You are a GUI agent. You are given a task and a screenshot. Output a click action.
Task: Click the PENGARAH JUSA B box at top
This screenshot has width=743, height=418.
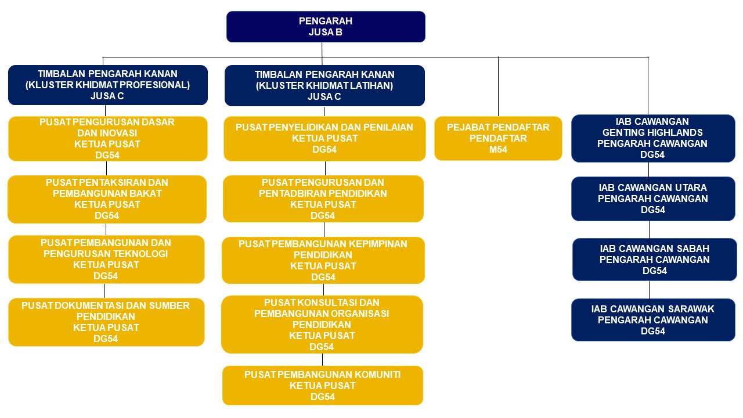pyautogui.click(x=326, y=27)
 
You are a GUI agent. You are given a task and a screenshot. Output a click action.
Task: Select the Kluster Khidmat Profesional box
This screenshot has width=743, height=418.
pyautogui.click(x=108, y=85)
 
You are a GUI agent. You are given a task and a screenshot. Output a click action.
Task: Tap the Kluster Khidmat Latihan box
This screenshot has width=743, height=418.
pyautogui.click(x=324, y=85)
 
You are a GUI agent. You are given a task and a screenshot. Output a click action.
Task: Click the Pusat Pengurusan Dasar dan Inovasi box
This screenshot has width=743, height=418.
pyautogui.click(x=107, y=139)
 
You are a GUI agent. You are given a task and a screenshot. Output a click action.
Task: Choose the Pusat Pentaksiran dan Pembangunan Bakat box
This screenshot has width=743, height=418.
pyautogui.click(x=107, y=199)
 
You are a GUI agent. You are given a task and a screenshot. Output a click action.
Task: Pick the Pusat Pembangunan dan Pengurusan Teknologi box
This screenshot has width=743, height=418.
pyautogui.click(x=106, y=260)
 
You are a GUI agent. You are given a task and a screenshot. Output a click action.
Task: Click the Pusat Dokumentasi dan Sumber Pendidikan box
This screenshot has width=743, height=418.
pyautogui.click(x=106, y=322)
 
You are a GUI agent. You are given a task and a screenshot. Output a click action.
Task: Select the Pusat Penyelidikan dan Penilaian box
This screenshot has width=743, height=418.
pyautogui.click(x=324, y=139)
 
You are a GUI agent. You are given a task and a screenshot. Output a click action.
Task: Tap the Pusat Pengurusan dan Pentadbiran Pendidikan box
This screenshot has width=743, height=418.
pyautogui.click(x=323, y=199)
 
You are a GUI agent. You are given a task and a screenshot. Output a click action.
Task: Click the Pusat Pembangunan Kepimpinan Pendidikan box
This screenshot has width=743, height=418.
pyautogui.click(x=323, y=260)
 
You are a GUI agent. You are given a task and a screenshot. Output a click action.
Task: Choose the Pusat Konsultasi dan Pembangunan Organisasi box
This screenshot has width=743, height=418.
pyautogui.click(x=322, y=325)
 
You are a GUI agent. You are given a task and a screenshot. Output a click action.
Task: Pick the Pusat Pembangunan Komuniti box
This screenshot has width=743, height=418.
pyautogui.click(x=323, y=385)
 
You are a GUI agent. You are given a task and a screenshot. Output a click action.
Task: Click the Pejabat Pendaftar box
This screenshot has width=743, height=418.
pyautogui.click(x=498, y=138)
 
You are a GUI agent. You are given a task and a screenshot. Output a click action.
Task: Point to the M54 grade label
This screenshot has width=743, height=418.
pyautogui.click(x=498, y=150)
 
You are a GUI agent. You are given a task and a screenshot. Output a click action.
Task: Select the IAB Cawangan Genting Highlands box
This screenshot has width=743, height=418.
pyautogui.click(x=653, y=138)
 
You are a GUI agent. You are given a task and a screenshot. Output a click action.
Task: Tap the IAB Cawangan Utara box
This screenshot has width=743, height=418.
pyautogui.click(x=653, y=199)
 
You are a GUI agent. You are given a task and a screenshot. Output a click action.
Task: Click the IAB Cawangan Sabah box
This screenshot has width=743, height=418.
pyautogui.click(x=654, y=260)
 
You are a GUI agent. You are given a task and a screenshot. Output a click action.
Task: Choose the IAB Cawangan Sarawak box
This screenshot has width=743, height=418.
pyautogui.click(x=653, y=320)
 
